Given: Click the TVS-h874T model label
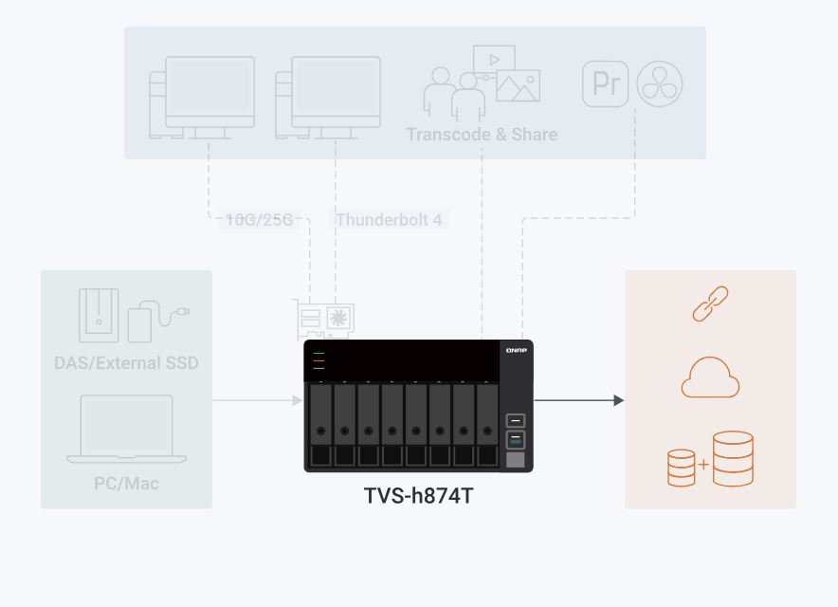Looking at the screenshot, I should tap(418, 495).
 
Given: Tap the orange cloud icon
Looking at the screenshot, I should tap(710, 377).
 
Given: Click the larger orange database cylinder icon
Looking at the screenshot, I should tap(733, 458).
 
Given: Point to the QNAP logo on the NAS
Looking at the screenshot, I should tap(517, 350).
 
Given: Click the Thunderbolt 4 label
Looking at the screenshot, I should tap(389, 220).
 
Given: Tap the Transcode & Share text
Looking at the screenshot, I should tap(482, 134).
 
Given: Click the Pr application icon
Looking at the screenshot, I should tap(606, 84).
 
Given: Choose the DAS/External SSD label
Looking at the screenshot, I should tap(126, 363).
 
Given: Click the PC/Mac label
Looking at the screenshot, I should tap(126, 484).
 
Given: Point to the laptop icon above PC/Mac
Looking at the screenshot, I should tap(126, 430).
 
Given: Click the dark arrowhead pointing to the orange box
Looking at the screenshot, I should tap(618, 400).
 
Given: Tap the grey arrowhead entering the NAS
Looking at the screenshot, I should tap(297, 400).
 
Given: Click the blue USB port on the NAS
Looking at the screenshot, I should tap(516, 439).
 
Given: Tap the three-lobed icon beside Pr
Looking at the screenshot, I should tap(660, 84).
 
